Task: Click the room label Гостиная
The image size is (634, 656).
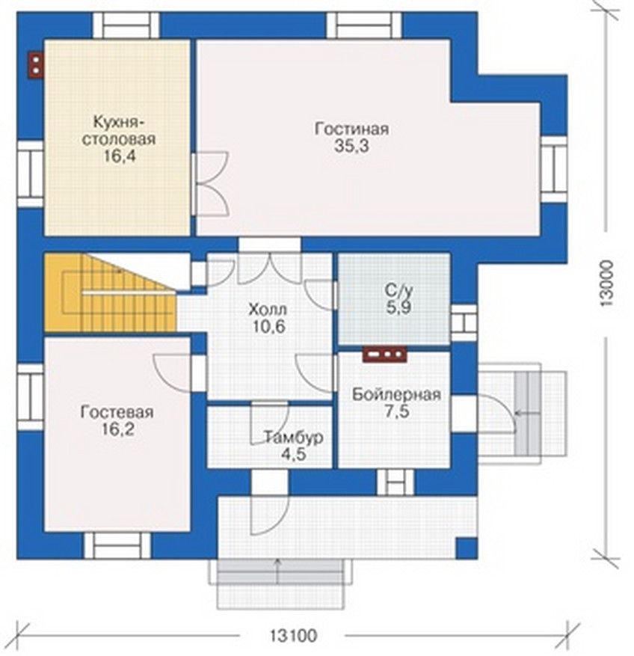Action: pyautogui.click(x=351, y=129)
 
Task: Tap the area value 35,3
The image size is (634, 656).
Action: pyautogui.click(x=351, y=146)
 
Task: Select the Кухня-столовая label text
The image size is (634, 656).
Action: pyautogui.click(x=119, y=131)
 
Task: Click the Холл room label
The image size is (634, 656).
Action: pyautogui.click(x=268, y=310)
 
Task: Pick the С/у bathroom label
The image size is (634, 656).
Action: pyautogui.click(x=398, y=291)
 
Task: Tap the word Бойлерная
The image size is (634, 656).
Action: pyautogui.click(x=396, y=394)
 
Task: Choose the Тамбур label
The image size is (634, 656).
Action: pyautogui.click(x=294, y=437)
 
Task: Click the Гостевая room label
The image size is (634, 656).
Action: pyautogui.click(x=117, y=412)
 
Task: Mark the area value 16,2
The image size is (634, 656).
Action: pyautogui.click(x=117, y=429)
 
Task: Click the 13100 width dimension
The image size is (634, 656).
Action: pyautogui.click(x=293, y=636)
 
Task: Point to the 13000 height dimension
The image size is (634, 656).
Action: pyautogui.click(x=606, y=284)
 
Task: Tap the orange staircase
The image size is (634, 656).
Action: pyautogui.click(x=110, y=293)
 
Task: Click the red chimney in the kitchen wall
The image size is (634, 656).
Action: pyautogui.click(x=36, y=65)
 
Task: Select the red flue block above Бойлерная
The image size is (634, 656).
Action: pyautogui.click(x=385, y=355)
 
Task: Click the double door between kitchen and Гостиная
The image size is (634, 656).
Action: pyautogui.click(x=210, y=184)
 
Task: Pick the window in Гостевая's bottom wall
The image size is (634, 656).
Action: pyautogui.click(x=117, y=545)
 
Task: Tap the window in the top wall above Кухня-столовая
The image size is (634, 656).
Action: pyautogui.click(x=126, y=25)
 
